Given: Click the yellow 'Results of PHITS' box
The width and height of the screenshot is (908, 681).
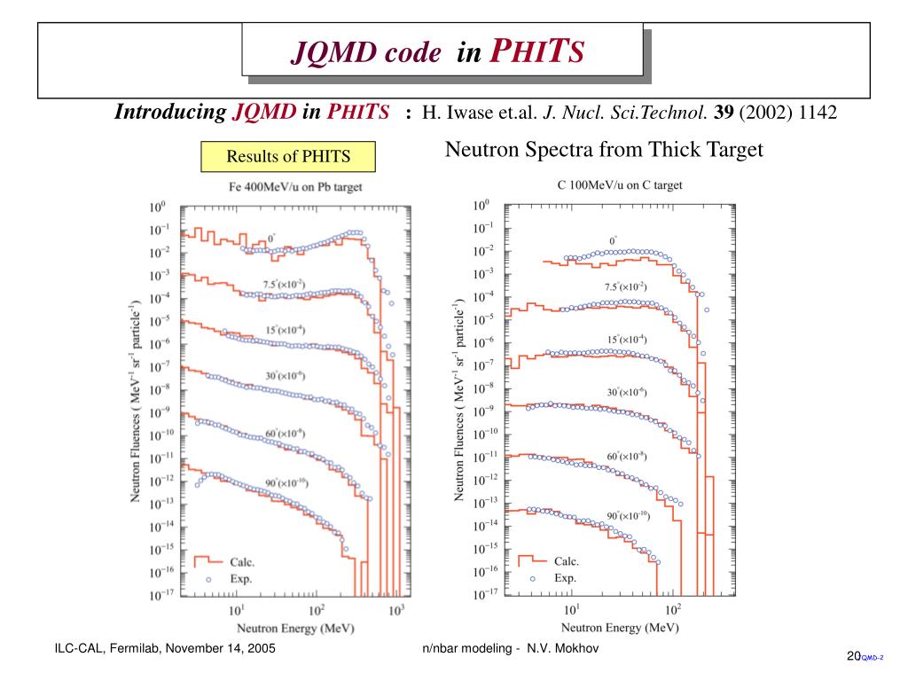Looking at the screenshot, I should point(288,157).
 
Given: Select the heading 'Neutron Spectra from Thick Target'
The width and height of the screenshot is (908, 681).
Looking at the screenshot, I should point(603,149).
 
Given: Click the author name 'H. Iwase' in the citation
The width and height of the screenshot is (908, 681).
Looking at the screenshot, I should point(452,113).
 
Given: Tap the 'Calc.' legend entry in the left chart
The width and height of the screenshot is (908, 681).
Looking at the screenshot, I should point(242,562).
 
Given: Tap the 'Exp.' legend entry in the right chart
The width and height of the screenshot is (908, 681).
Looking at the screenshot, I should point(566,578).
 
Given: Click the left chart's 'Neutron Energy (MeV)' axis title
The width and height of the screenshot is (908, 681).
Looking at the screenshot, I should point(292,628).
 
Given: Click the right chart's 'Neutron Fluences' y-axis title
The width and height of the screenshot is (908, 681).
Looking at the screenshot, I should point(460,399).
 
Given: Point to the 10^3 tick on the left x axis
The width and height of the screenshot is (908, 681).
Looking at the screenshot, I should point(396,610).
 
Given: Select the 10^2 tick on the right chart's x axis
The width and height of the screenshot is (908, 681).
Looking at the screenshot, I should point(672,609).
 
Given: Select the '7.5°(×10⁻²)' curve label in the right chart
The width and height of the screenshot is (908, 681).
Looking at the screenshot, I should point(626,286).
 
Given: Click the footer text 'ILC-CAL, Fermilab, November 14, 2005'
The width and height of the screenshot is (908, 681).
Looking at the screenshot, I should point(165,649).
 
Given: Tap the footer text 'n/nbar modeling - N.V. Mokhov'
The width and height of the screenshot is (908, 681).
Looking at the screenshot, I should point(512,649).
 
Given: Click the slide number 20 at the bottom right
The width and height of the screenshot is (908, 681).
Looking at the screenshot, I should point(854,656).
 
